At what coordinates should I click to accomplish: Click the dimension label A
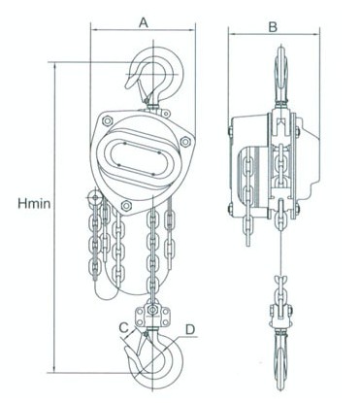tap(144, 23)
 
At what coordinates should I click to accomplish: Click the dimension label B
tap(273, 27)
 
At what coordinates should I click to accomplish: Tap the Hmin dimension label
tap(34, 204)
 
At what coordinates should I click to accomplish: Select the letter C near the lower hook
tap(124, 327)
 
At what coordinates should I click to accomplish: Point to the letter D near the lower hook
tap(190, 329)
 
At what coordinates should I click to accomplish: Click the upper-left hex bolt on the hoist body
tap(107, 120)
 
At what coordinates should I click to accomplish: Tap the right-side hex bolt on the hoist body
tap(185, 142)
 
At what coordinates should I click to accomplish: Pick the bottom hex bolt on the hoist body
tap(126, 205)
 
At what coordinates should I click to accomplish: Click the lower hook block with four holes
tap(152, 316)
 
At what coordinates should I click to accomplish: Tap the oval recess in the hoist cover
tap(139, 159)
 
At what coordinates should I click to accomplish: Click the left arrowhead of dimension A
tap(94, 30)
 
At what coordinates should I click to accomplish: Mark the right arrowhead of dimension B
tap(316, 34)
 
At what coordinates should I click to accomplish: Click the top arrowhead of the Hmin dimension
tap(54, 66)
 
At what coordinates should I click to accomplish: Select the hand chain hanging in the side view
tap(248, 201)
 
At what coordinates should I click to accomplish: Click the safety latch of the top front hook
tap(143, 88)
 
